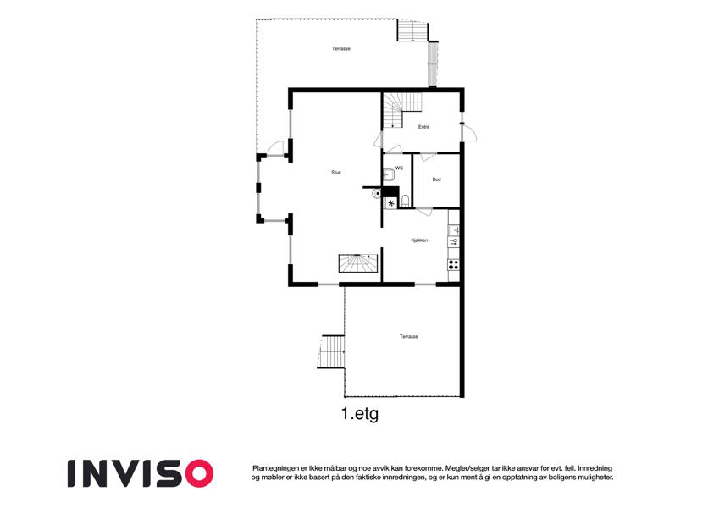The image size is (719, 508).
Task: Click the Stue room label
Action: point(336,173)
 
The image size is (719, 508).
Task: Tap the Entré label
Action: point(423,127)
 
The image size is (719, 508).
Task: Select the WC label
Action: point(399,168)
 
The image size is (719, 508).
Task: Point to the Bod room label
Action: point(436,179)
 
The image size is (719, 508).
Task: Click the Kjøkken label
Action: point(419,240)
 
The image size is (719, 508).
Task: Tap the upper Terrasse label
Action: point(341,48)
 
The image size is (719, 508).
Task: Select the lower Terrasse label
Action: point(408,336)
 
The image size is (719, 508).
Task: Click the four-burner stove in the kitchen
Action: point(453,264)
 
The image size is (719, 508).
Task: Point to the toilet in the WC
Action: point(406,201)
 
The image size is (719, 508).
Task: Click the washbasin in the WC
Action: point(389,174)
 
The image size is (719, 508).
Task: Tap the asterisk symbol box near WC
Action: point(391,203)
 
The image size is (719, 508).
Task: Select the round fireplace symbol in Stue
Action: point(377,194)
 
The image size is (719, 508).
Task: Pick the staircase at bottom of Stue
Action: point(358,263)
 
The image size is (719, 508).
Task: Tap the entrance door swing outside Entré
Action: point(469,134)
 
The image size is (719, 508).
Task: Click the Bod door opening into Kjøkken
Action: point(424,212)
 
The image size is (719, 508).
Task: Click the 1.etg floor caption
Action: point(360,414)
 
